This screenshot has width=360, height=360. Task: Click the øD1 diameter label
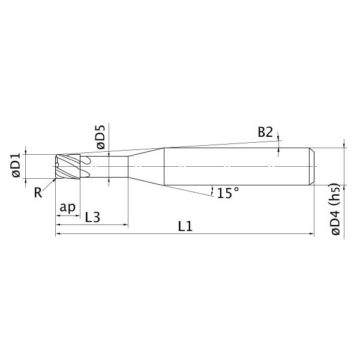click(16, 166)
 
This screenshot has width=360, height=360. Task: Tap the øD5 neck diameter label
click(100, 136)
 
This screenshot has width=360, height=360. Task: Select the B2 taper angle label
click(265, 132)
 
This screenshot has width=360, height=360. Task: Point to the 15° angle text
click(228, 193)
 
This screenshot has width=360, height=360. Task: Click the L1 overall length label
click(185, 227)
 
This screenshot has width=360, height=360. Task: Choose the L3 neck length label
click(92, 217)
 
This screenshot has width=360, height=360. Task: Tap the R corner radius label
click(38, 193)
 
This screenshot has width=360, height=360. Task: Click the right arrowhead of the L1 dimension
click(311, 234)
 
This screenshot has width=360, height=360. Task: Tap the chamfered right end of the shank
click(311, 166)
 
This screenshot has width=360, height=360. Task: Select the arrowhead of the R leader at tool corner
click(54, 178)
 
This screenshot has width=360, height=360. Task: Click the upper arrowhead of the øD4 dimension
click(344, 145)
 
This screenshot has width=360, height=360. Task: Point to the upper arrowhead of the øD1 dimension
click(26, 151)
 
